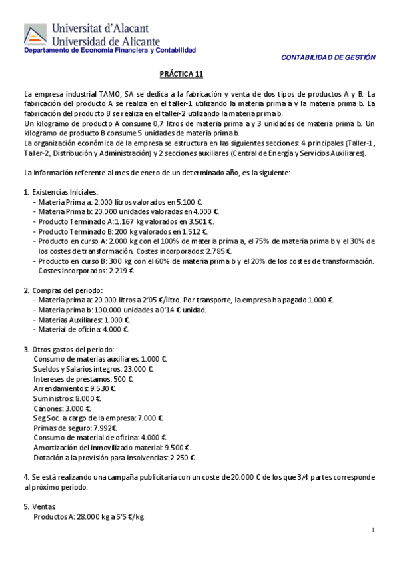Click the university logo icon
tap(35, 35)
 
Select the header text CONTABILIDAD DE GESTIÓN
tap(328, 58)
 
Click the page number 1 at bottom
tap(374, 530)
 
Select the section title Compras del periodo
tap(67, 290)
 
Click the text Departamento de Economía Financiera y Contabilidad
tap(110, 51)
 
